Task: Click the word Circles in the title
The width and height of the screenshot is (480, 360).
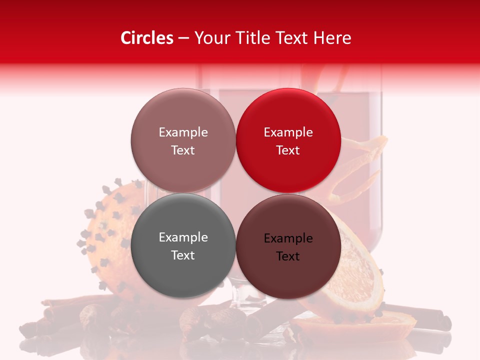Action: [146, 38]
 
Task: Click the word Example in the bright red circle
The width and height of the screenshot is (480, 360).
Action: [288, 132]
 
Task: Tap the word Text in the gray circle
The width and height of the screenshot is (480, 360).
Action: [183, 255]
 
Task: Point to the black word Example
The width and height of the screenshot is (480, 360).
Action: [288, 238]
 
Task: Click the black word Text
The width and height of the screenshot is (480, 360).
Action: [288, 256]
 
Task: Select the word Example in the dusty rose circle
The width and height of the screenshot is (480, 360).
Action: [183, 132]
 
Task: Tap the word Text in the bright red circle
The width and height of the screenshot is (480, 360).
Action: [288, 150]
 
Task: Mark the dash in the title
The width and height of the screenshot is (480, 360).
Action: [183, 38]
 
